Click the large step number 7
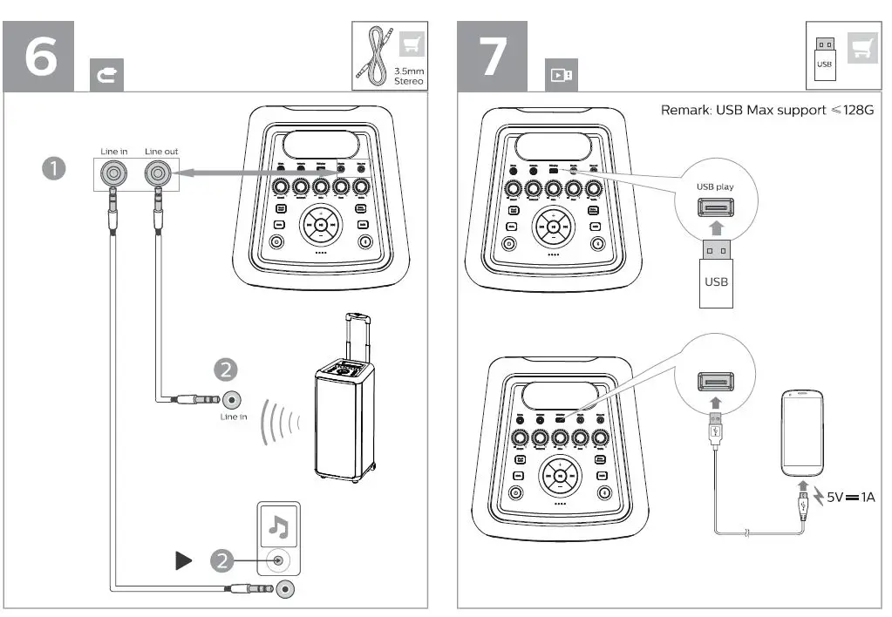(494, 55)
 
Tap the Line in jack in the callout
(112, 173)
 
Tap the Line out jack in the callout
(159, 173)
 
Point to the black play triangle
(183, 561)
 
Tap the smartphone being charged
(804, 432)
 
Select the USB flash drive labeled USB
(714, 275)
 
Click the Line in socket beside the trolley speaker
(231, 400)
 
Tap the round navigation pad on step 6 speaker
(321, 226)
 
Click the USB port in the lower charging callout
(714, 380)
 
